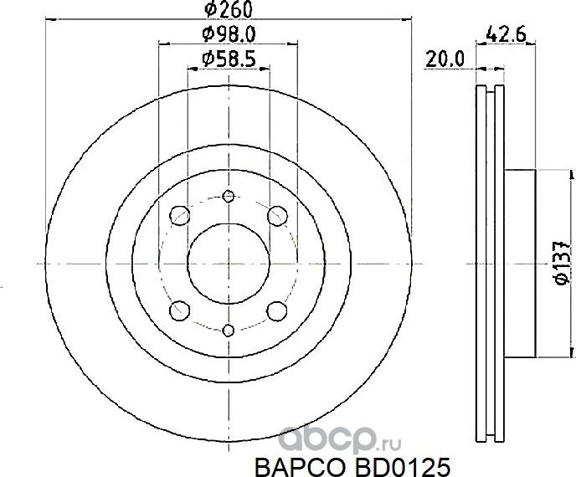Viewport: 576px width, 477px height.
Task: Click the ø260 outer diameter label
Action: coord(229,11)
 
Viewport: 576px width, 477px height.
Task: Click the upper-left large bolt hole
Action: coord(178,216)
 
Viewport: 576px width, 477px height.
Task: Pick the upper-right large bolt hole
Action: coord(277,216)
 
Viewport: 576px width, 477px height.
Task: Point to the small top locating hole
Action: coord(228,196)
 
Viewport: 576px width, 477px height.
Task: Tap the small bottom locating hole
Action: coord(228,331)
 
